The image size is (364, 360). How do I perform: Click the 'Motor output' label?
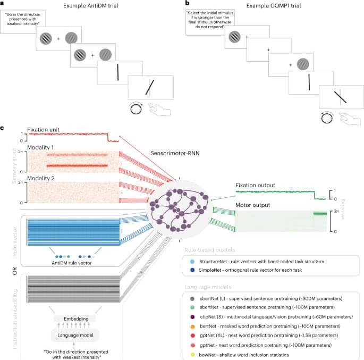[x=253, y=204]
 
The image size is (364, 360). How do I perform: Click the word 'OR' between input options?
[x=14, y=271]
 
